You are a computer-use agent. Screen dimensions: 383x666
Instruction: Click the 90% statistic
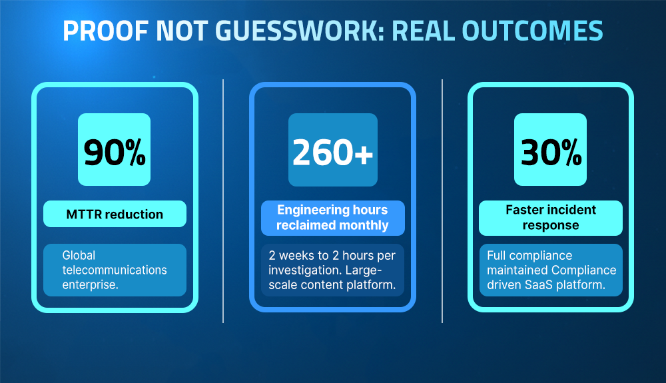point(115,153)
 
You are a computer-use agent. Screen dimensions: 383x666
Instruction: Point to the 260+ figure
point(332,153)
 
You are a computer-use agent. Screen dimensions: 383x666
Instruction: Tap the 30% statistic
point(550,153)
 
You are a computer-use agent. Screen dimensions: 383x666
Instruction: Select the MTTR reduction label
point(115,214)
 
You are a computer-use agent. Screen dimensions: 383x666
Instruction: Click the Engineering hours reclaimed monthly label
point(332,218)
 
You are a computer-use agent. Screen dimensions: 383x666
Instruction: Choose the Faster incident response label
point(550,218)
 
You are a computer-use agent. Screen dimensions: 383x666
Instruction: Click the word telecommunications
point(115,270)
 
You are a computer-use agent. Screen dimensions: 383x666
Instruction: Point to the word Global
point(79,255)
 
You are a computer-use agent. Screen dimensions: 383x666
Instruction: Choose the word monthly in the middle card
point(363,225)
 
